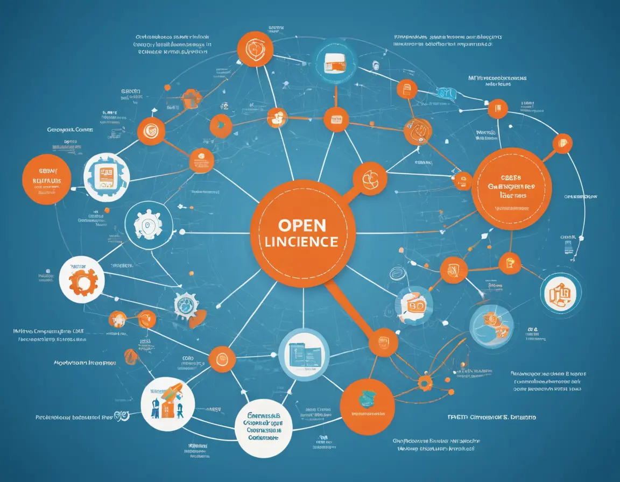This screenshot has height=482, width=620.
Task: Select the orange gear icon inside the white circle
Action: [x=81, y=279]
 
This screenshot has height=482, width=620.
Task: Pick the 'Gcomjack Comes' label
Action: [x=70, y=130]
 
